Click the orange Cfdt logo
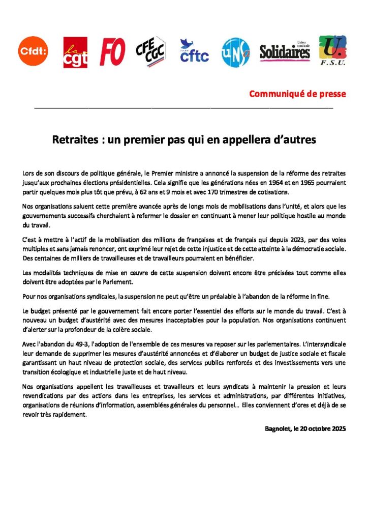pos(34,51)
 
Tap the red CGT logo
pos(75,52)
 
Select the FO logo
pos(112,51)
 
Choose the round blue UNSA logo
pos(235,52)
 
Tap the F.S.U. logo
pos(332,50)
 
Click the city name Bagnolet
pos(277,428)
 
